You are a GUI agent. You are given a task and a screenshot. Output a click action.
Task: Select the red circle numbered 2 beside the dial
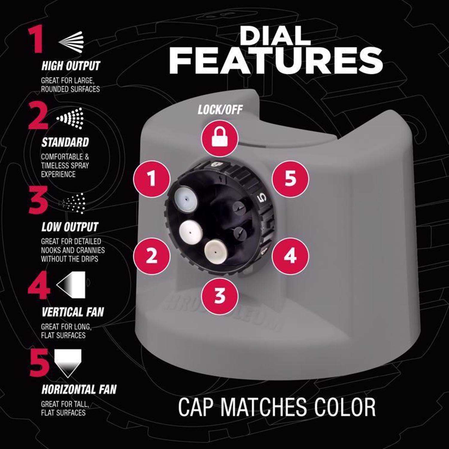pos(152,255)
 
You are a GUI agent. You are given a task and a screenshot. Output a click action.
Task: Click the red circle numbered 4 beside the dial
pos(290,255)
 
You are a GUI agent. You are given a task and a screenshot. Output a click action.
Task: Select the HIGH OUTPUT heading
pos(71,66)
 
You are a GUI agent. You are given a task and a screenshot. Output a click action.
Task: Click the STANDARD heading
pos(65,142)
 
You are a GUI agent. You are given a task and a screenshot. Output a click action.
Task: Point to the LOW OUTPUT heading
pos(69,227)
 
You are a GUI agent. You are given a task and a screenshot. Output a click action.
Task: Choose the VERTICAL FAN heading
pos(72,312)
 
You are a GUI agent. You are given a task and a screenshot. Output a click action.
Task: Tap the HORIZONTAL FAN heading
pos(79,389)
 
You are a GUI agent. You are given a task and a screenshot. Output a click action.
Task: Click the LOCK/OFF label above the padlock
pos(220,110)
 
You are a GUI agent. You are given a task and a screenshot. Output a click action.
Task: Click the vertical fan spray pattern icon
pos(71,284)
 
